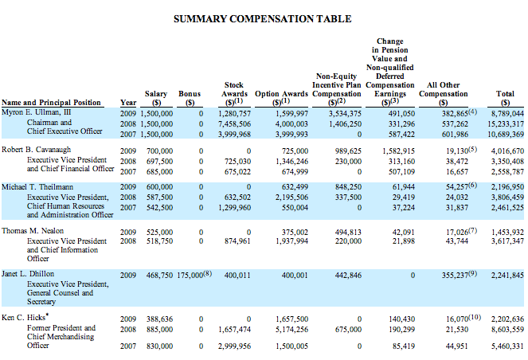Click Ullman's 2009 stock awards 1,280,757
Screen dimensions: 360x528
click(x=234, y=113)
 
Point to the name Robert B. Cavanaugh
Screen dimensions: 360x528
click(x=41, y=150)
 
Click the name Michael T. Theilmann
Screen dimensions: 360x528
click(x=42, y=186)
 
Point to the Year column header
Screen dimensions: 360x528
click(x=127, y=102)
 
